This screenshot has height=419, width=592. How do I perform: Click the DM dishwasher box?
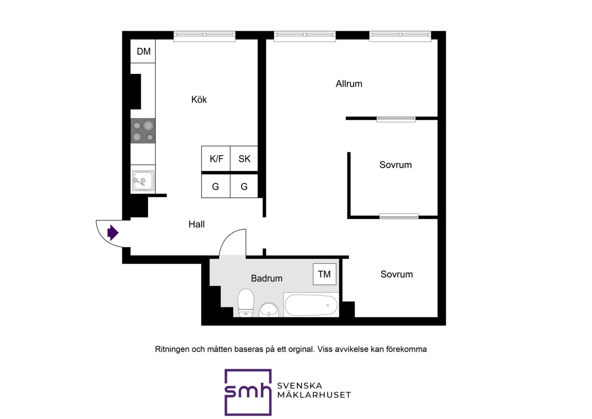pos(143,51)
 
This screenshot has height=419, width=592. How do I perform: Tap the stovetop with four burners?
pos(143,131)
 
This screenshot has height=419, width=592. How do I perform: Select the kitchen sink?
pos(143,181)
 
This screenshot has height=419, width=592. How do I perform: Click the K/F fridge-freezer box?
pos(216,158)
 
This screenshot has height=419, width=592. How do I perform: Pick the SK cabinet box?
pos(244,158)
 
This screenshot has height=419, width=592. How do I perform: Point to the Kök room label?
pos(199,100)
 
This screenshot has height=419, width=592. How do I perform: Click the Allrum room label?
pos(349,84)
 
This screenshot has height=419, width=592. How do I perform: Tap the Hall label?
pos(197,224)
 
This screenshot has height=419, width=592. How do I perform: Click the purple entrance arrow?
pos(113,233)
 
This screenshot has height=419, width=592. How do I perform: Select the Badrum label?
pos(267,278)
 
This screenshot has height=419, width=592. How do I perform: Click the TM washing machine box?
pos(325,274)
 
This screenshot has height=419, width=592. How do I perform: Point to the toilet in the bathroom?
pos(246,303)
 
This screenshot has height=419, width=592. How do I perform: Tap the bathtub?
pos(311,305)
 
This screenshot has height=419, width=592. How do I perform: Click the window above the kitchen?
pos(204,36)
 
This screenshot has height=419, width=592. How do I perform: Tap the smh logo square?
pos(248,392)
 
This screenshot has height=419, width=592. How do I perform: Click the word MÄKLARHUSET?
pos(314,395)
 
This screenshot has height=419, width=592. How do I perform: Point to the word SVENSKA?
pos(299,386)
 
